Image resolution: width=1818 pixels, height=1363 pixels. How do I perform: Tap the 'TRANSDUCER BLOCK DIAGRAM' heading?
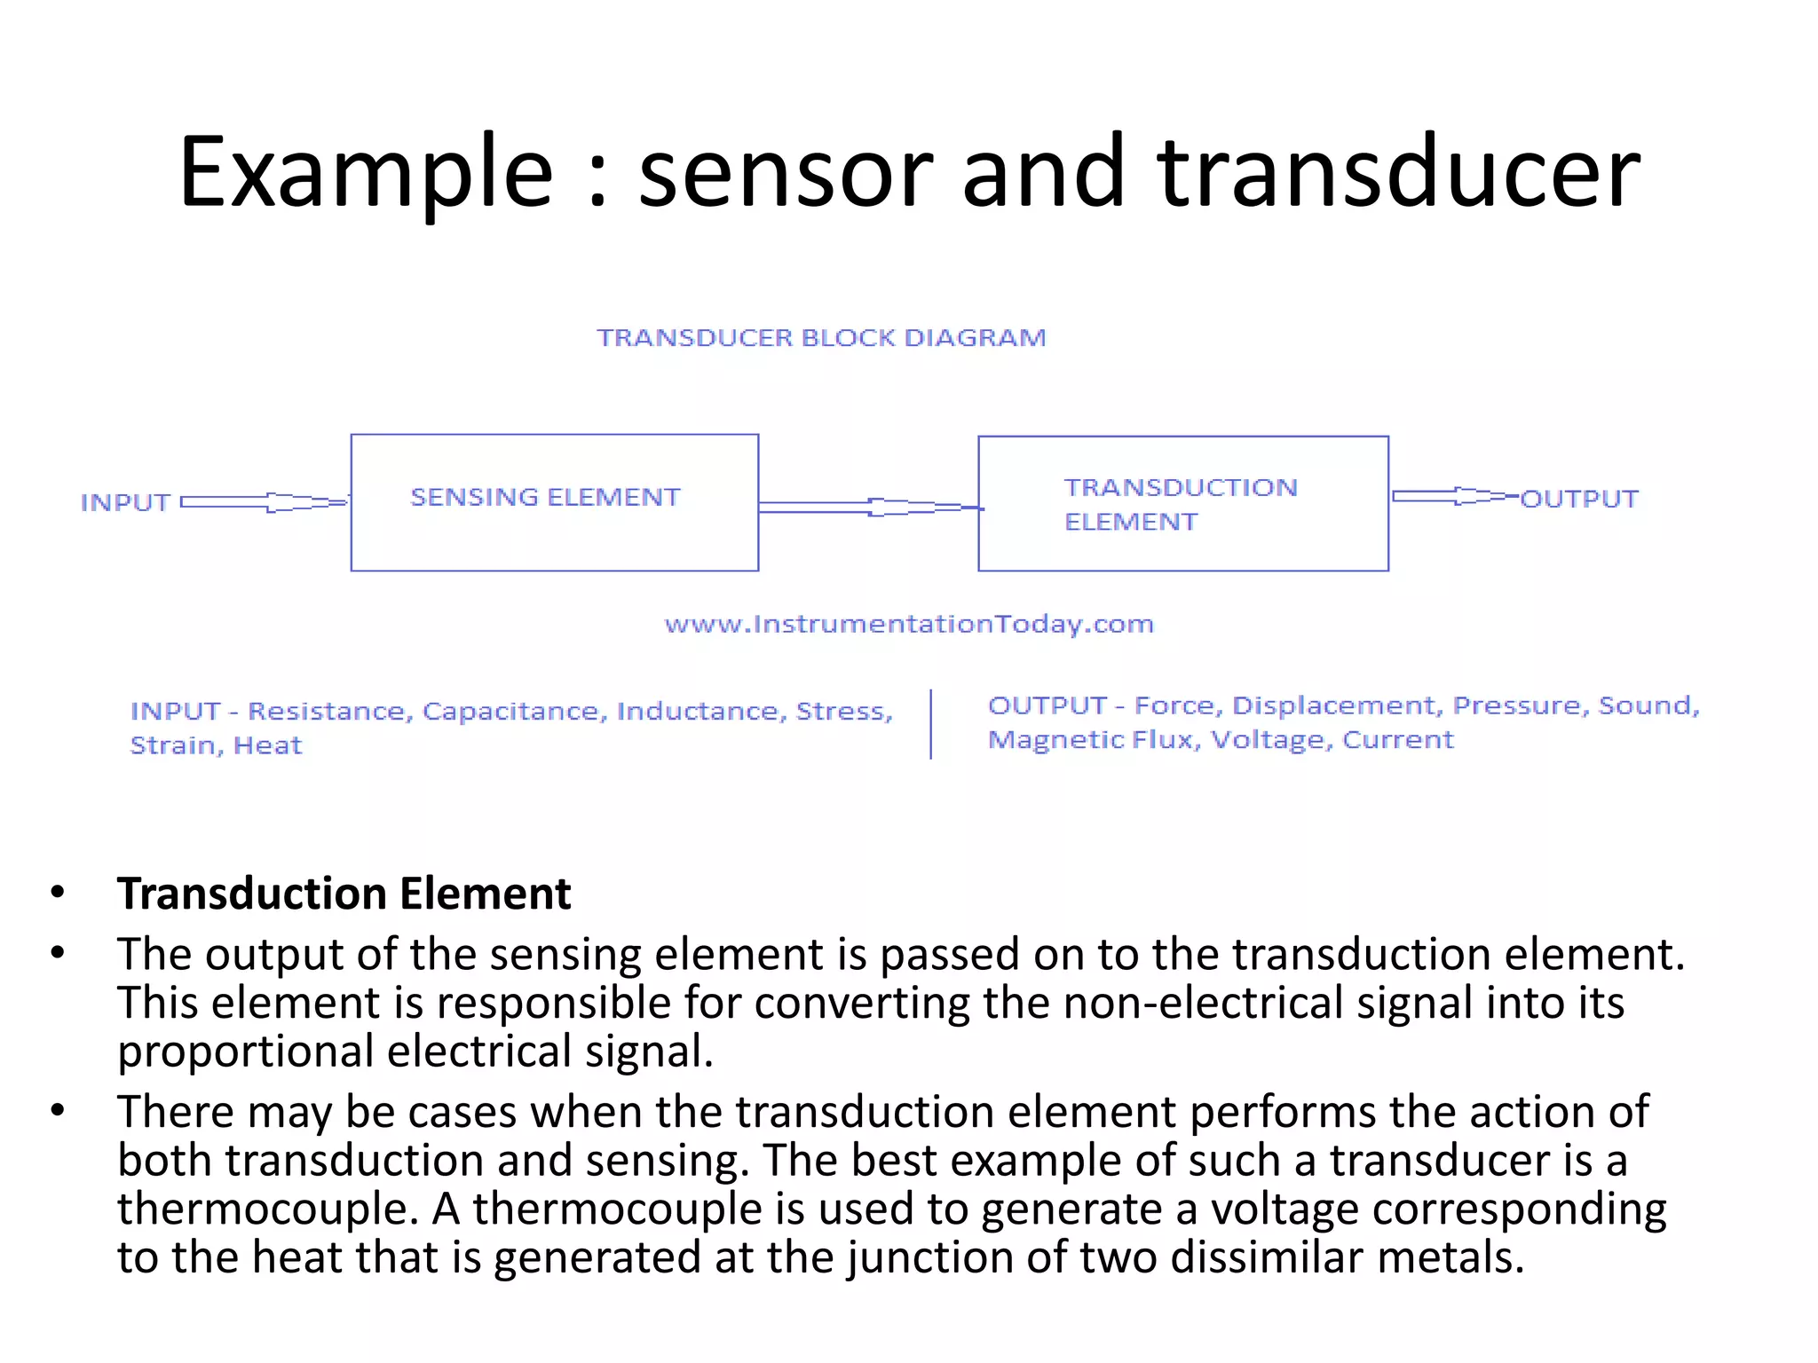(821, 338)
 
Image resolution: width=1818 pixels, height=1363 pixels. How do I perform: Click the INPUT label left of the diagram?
(125, 503)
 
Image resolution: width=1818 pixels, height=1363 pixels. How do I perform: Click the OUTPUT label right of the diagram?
(1579, 500)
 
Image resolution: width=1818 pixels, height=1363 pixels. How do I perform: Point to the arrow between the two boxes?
(870, 507)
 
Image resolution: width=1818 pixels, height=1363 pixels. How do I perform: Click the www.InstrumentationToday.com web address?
(909, 625)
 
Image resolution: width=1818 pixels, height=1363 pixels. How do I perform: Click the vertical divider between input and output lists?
(930, 724)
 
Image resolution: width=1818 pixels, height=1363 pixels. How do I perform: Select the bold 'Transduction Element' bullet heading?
(344, 894)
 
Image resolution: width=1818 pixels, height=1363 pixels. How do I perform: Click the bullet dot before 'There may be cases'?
(59, 1110)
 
